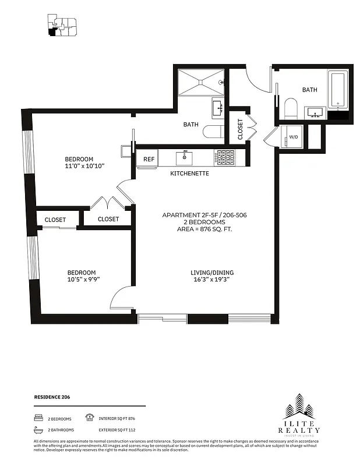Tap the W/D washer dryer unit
[292, 137]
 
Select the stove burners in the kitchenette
[225, 157]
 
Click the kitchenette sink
[185, 157]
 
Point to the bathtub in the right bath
[338, 90]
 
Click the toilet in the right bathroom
[290, 108]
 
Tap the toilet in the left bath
[213, 132]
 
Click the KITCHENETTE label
[190, 174]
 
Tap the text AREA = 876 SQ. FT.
[204, 230]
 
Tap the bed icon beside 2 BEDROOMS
[38, 418]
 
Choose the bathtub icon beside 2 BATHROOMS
[38, 430]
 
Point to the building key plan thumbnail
[61, 25]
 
